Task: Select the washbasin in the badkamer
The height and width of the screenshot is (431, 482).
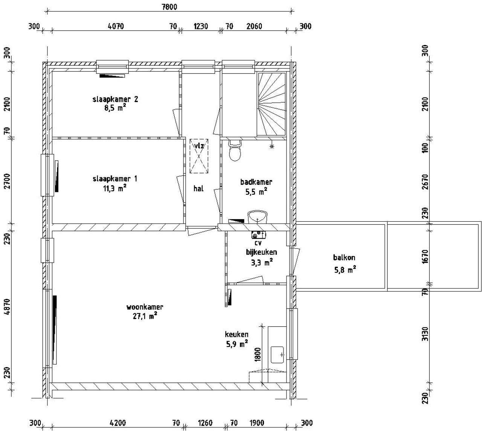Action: click(x=258, y=217)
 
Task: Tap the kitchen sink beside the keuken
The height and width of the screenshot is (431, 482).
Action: click(x=278, y=355)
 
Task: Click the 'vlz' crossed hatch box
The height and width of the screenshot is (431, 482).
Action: click(x=199, y=156)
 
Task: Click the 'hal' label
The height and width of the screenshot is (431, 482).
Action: click(x=198, y=189)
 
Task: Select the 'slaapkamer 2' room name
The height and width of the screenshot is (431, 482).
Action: click(x=115, y=99)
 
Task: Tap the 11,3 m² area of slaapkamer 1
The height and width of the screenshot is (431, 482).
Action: click(x=114, y=188)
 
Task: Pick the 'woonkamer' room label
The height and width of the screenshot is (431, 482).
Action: click(x=145, y=307)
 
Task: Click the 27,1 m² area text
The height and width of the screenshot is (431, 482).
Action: click(x=145, y=316)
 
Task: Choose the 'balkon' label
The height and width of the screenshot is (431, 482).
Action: click(x=344, y=257)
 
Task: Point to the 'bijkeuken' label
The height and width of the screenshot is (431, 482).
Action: click(x=261, y=252)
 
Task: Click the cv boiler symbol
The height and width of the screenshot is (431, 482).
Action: click(x=258, y=235)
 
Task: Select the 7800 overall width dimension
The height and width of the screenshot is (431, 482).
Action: click(x=169, y=7)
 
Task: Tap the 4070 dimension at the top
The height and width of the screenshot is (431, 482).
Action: click(x=116, y=26)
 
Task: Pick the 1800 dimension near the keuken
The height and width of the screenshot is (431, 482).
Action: click(x=258, y=355)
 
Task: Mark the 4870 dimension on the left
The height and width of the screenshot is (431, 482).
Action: click(x=8, y=307)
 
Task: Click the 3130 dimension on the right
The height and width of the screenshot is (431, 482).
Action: click(x=426, y=334)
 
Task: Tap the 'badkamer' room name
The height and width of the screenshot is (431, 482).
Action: click(x=256, y=182)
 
